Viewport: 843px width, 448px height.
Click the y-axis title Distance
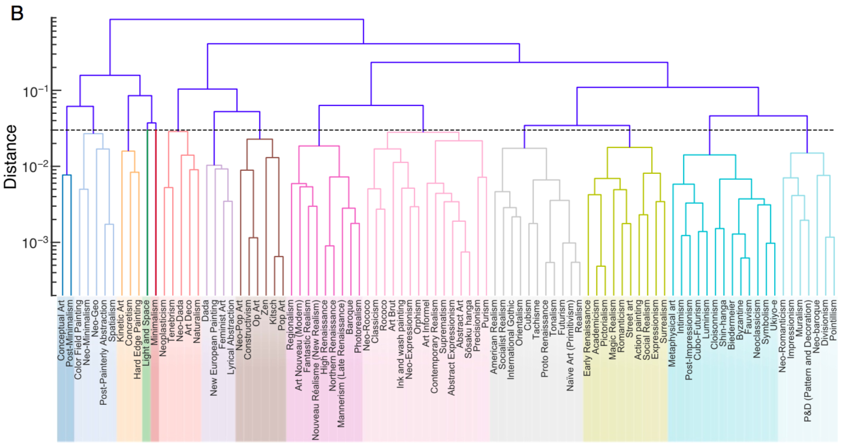[x=13, y=157]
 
